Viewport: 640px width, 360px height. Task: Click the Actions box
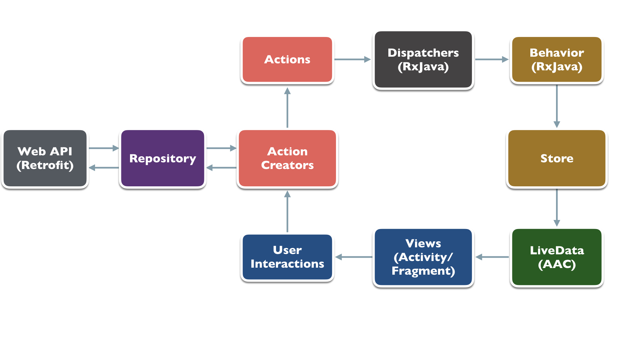pyautogui.click(x=287, y=59)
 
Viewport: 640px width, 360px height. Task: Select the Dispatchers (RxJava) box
pyautogui.click(x=423, y=60)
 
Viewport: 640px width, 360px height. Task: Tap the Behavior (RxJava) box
pyautogui.click(x=556, y=60)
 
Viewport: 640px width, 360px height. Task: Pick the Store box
pyautogui.click(x=556, y=158)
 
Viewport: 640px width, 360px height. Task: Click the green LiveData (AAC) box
pyautogui.click(x=556, y=257)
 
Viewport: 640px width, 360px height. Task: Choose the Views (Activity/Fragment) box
pyautogui.click(x=423, y=257)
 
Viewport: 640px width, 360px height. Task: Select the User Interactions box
pyautogui.click(x=287, y=257)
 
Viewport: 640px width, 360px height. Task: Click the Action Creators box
pyautogui.click(x=287, y=158)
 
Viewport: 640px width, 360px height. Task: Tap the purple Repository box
pyautogui.click(x=162, y=158)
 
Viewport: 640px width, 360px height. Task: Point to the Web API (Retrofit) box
pyautogui.click(x=45, y=158)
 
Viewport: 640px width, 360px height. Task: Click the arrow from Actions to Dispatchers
pyautogui.click(x=352, y=59)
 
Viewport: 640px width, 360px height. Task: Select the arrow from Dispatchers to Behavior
pyautogui.click(x=491, y=59)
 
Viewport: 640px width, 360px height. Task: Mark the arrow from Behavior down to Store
pyautogui.click(x=557, y=106)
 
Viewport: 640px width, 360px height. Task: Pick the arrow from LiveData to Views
pyautogui.click(x=492, y=257)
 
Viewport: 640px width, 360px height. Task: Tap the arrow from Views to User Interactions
pyautogui.click(x=354, y=257)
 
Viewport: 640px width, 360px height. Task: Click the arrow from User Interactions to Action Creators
pyautogui.click(x=287, y=211)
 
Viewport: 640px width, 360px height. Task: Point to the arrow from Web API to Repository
pyautogui.click(x=104, y=148)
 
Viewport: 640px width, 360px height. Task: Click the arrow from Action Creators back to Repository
pyautogui.click(x=221, y=168)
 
